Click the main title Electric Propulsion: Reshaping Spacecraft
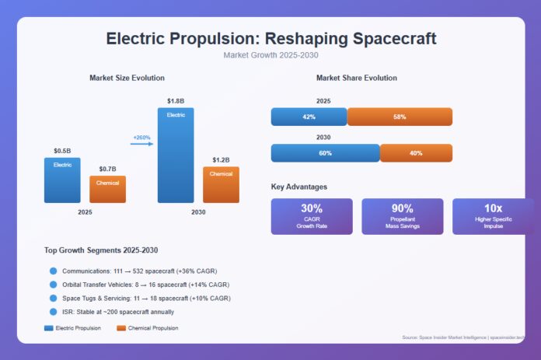[270, 39]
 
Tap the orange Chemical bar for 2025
[107, 189]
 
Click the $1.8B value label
[176, 101]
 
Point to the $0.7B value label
[107, 169]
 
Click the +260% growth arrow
[142, 143]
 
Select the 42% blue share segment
[309, 117]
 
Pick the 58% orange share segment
[400, 117]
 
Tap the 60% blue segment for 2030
[325, 153]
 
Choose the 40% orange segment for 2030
[416, 153]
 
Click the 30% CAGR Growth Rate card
[311, 216]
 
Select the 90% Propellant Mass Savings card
[402, 216]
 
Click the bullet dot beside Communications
[53, 271]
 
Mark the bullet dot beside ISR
[53, 311]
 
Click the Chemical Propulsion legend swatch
[121, 328]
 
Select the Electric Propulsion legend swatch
[50, 328]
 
